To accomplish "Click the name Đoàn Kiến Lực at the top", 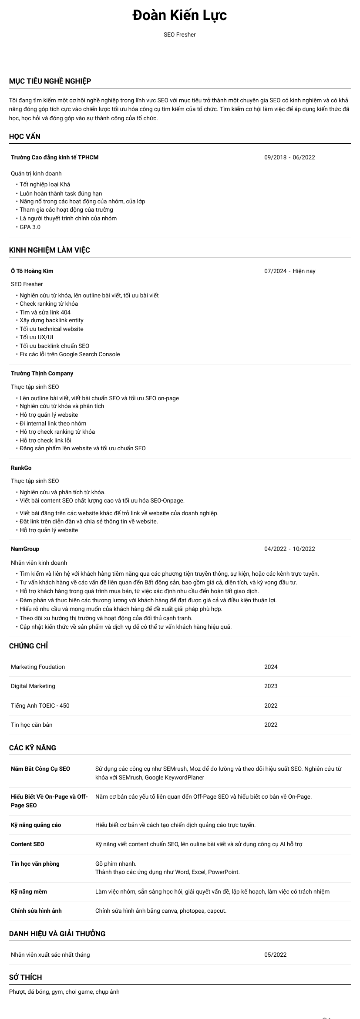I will click(x=180, y=16).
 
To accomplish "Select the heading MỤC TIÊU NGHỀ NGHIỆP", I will click(x=50, y=81).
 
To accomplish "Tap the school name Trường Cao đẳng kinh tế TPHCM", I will click(x=54, y=157).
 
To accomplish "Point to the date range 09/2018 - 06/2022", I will click(x=289, y=157).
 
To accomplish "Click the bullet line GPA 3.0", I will click(x=30, y=227).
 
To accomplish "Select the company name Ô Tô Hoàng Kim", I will click(x=32, y=271).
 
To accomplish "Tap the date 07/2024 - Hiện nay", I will click(x=289, y=271).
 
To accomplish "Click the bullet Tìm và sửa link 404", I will click(x=45, y=312).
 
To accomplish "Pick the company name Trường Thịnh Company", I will click(x=42, y=373).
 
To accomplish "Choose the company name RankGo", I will click(x=21, y=468).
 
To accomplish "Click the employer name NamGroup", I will click(x=25, y=549).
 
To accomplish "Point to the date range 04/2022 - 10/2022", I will click(x=289, y=549).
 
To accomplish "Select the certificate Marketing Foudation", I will click(x=38, y=667).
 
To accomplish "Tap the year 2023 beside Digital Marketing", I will click(x=271, y=686).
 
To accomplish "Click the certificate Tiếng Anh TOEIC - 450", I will click(x=40, y=705).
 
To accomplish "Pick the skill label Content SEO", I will click(x=27, y=844).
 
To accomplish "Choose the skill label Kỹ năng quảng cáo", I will click(x=36, y=825).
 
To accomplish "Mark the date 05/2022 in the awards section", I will click(x=275, y=955).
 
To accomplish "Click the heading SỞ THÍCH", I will click(x=25, y=977).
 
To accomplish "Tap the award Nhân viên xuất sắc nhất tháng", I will click(x=50, y=955).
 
